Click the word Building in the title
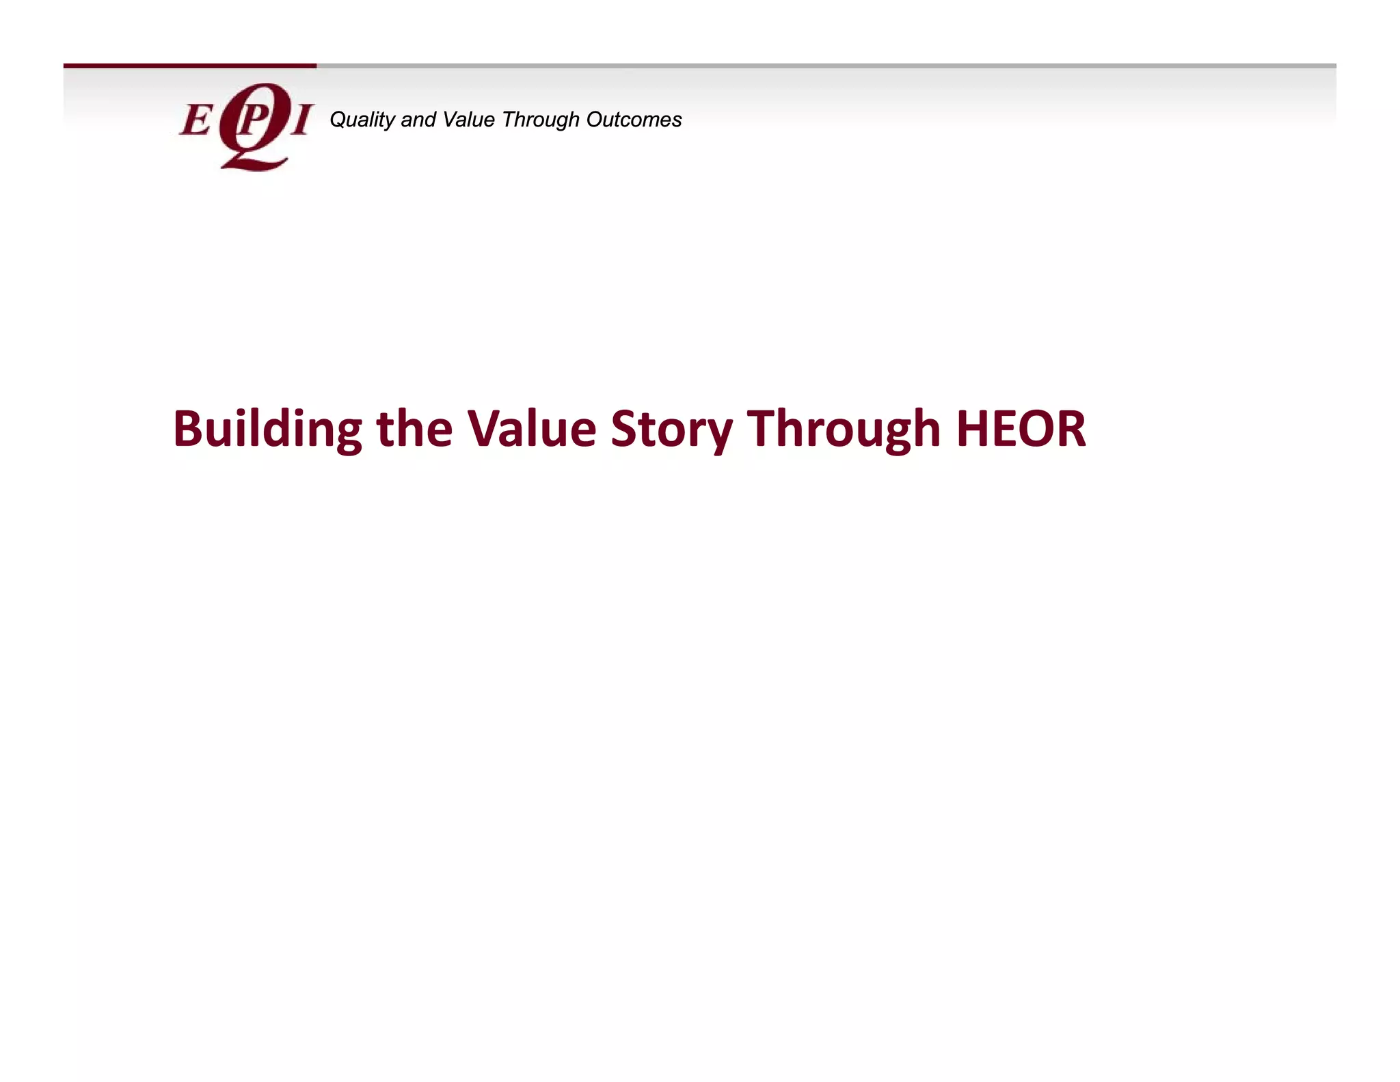tap(267, 429)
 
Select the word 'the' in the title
tap(414, 429)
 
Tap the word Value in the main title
tap(531, 429)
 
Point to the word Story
tap(671, 429)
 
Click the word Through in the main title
tap(844, 429)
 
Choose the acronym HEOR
tap(1021, 429)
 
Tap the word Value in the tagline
tap(468, 120)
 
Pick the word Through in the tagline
tap(541, 120)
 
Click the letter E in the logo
tap(196, 121)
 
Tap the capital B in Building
tap(187, 429)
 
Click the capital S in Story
tap(624, 429)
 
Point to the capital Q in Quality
tap(338, 120)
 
